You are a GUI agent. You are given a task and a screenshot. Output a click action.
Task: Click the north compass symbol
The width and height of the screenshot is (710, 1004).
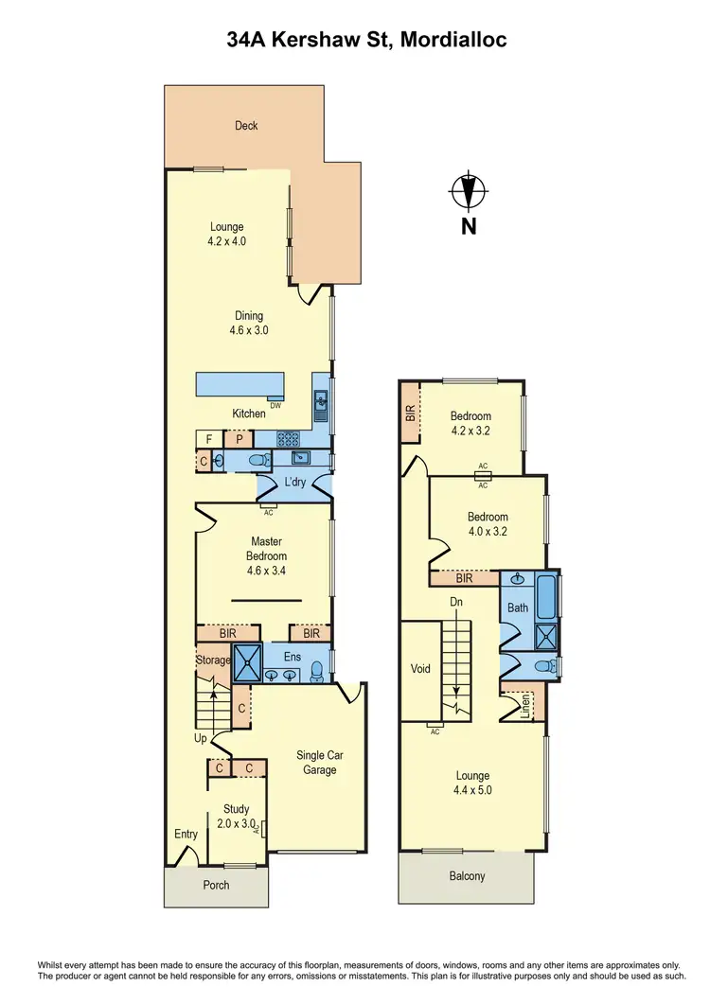468,192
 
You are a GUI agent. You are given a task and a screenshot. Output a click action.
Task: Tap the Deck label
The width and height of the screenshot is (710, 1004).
246,126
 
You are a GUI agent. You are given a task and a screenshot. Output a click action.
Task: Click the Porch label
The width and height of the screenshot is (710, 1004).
216,885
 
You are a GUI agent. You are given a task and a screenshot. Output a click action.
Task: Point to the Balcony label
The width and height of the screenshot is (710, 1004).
466,876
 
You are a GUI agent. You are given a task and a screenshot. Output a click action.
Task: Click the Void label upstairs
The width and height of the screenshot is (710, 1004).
420,669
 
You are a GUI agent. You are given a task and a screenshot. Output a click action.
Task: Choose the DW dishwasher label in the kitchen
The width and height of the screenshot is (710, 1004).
275,406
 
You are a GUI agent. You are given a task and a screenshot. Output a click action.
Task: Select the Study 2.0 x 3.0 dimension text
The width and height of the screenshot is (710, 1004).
236,823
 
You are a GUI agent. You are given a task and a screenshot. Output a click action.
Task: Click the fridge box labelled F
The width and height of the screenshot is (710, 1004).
208,439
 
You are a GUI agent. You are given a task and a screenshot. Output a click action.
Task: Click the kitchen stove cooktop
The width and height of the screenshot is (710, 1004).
288,439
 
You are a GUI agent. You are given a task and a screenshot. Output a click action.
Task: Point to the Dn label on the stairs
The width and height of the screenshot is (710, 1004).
454,602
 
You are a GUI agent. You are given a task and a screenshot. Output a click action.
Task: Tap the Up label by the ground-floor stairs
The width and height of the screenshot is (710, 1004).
202,738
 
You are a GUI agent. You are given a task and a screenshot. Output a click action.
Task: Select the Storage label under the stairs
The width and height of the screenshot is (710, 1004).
214,660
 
